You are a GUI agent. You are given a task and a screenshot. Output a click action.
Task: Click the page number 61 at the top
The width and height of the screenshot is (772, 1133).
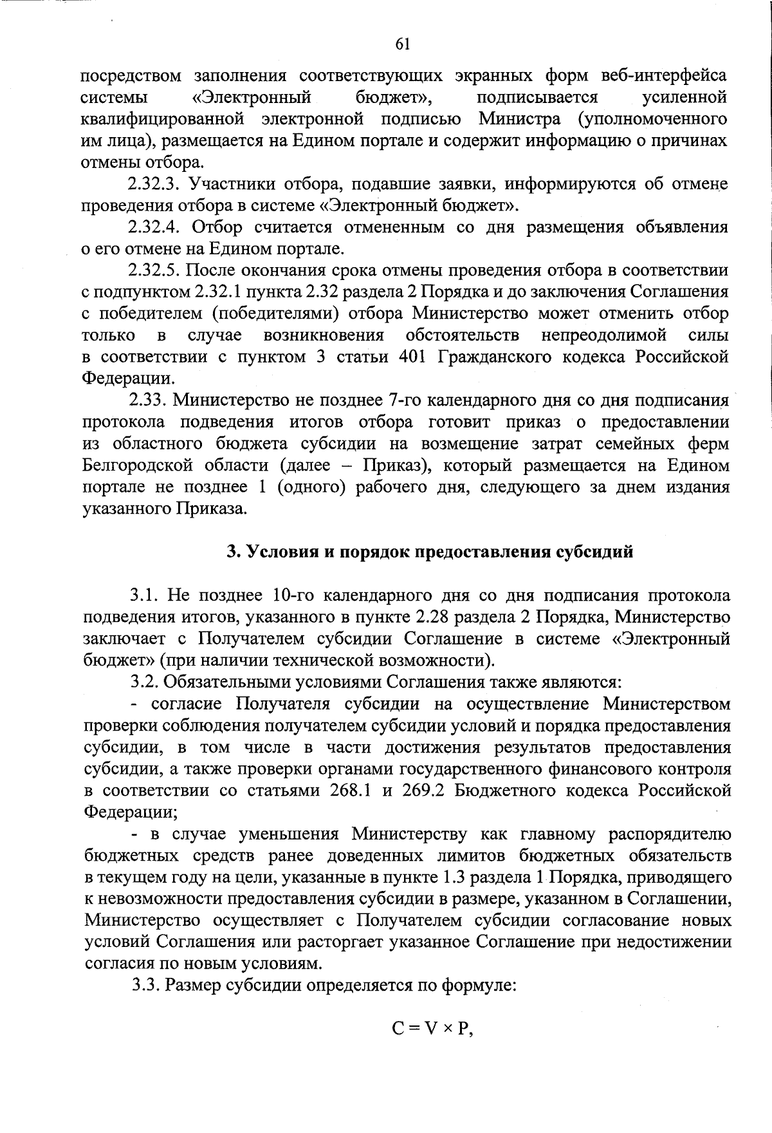click(x=402, y=44)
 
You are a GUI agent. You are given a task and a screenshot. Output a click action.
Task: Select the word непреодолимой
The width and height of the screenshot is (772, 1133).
click(x=603, y=335)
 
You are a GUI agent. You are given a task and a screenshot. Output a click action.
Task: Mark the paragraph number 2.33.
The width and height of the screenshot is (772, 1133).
click(x=147, y=400)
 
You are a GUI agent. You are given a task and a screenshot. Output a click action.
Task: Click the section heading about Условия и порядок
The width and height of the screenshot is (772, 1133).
click(x=430, y=552)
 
